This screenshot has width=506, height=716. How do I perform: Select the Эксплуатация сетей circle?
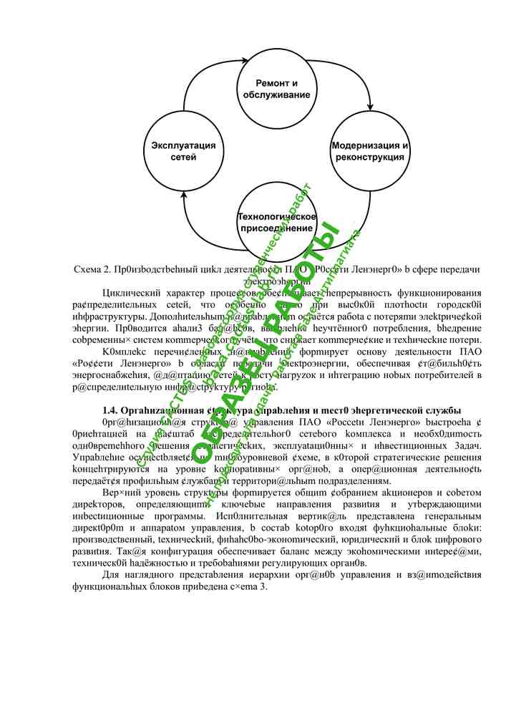point(174,151)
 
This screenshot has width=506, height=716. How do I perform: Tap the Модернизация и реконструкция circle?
point(369,151)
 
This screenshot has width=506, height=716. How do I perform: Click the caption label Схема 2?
point(91,269)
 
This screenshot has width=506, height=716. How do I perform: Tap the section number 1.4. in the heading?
point(115,410)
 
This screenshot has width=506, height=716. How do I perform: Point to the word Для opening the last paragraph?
point(112,575)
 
